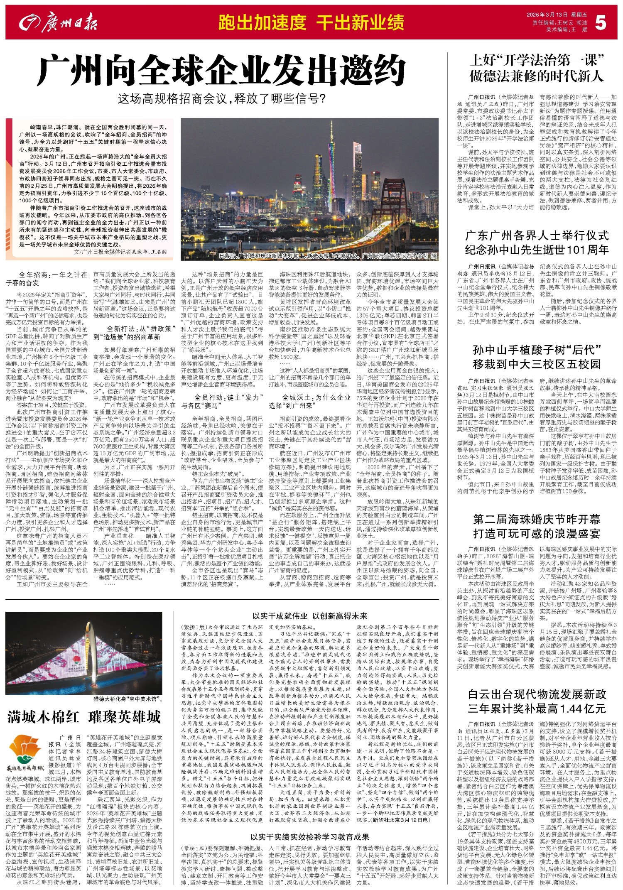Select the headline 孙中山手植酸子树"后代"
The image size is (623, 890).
[x=537, y=350]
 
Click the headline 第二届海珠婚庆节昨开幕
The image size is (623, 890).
[x=537, y=519]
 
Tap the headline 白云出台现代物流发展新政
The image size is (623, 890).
[x=537, y=694]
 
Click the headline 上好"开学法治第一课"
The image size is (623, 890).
[x=537, y=61]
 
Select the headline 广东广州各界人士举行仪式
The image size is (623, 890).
[x=537, y=235]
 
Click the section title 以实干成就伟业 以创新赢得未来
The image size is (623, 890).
[x=310, y=615]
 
